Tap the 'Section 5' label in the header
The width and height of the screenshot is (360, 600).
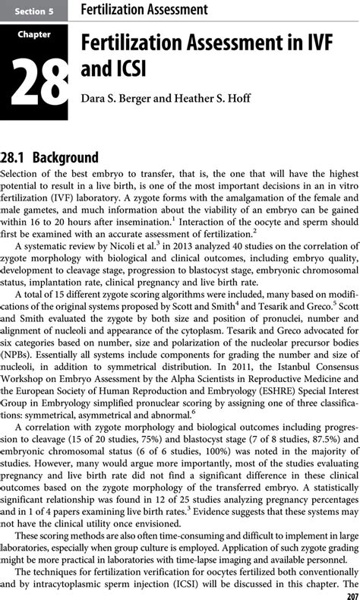[33, 11]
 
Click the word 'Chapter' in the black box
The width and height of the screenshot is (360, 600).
[34, 34]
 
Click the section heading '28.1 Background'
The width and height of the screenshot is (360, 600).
[50, 157]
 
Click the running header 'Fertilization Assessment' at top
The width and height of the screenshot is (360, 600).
[144, 10]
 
